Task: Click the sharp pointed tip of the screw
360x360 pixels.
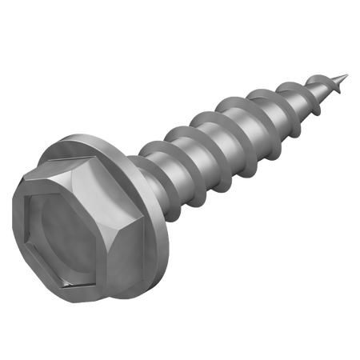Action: (x=347, y=77)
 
